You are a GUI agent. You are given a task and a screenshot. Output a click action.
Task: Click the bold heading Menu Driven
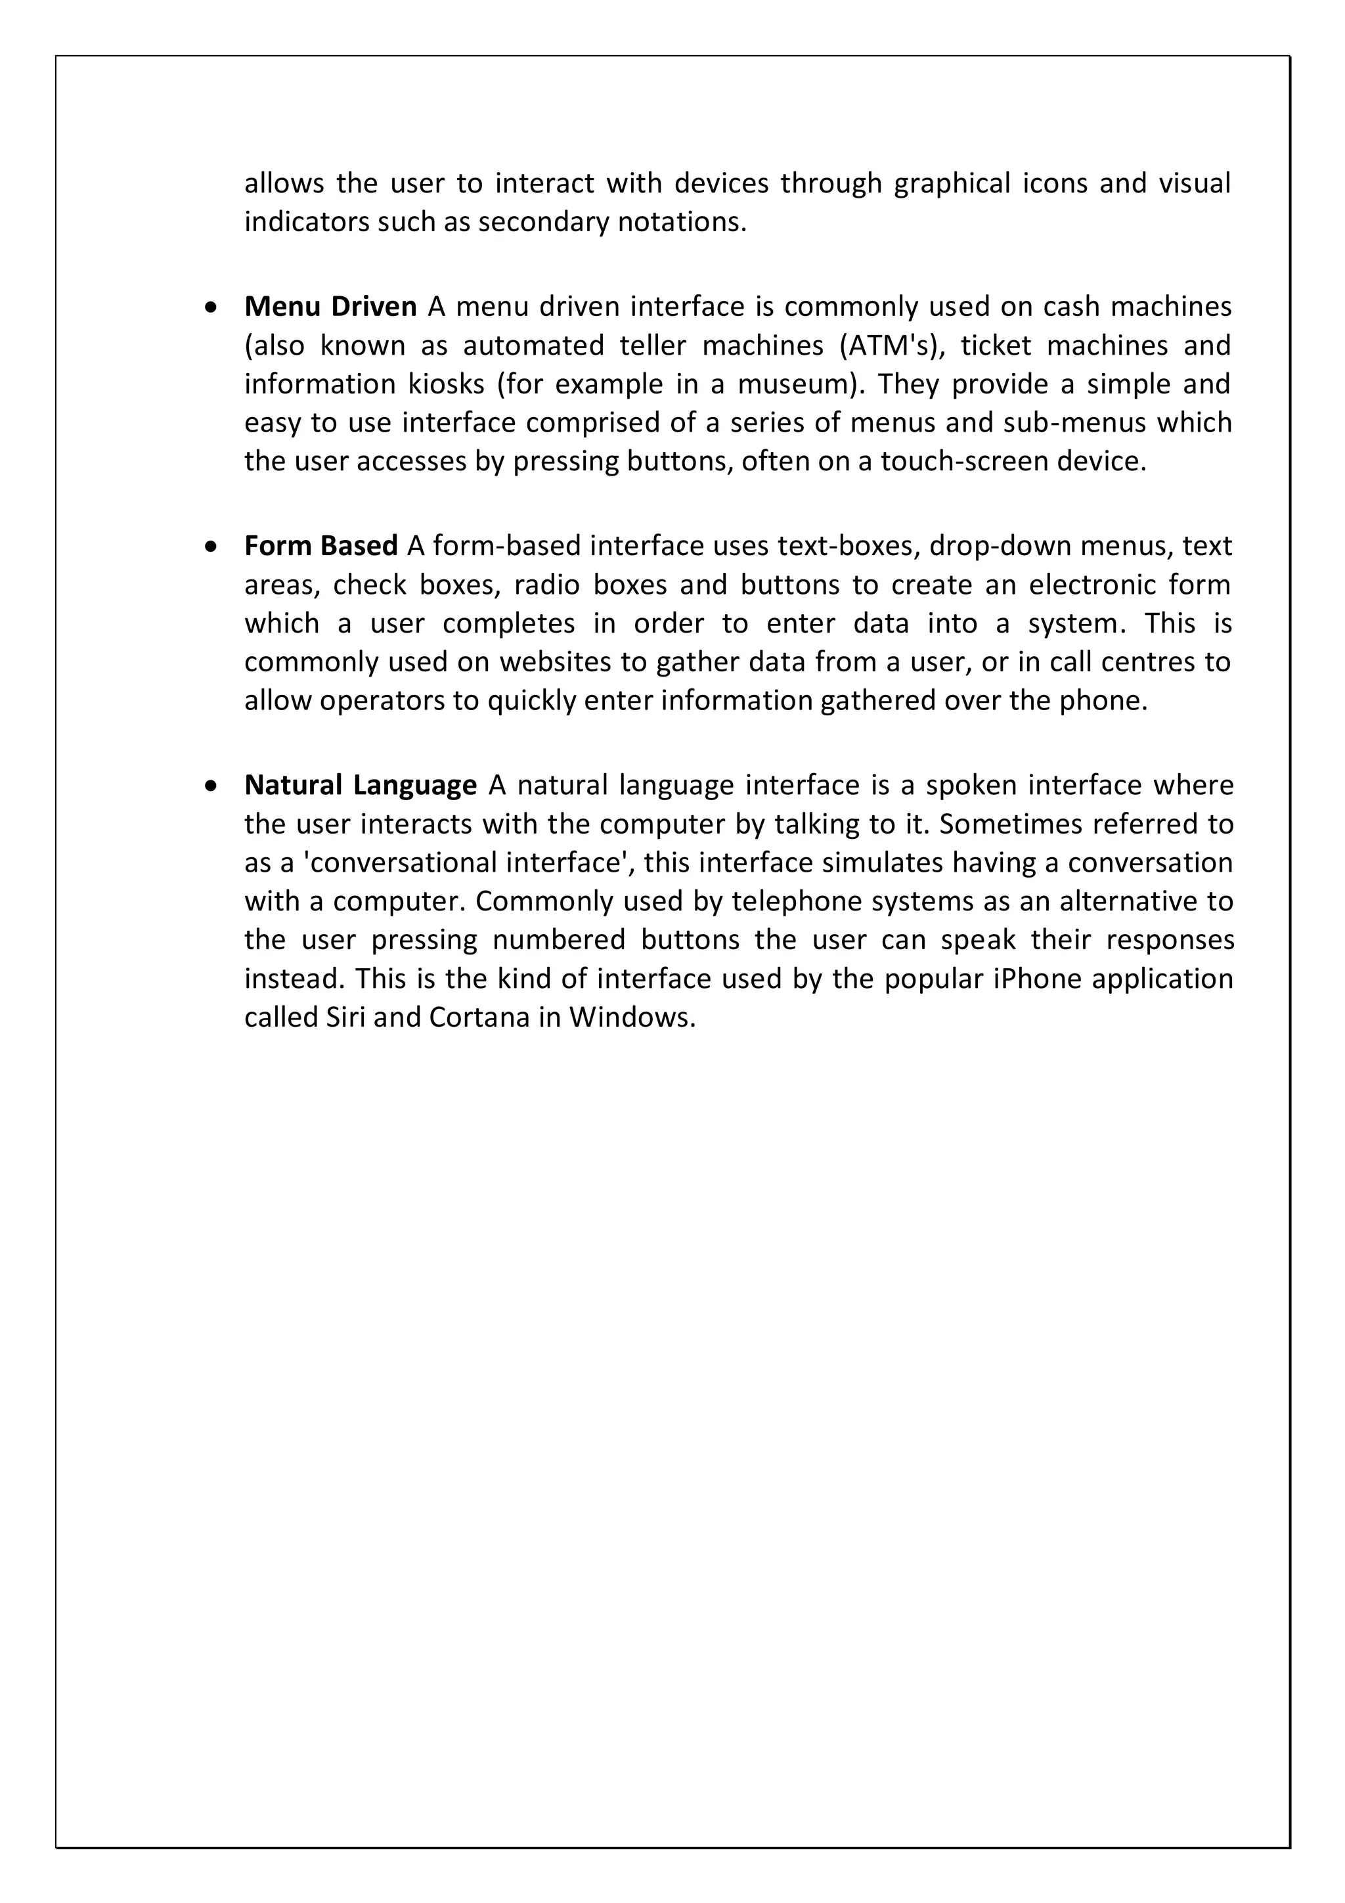point(330,307)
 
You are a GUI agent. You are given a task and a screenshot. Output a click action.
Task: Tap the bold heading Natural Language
point(360,786)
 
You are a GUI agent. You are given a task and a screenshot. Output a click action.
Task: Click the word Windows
point(630,1018)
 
